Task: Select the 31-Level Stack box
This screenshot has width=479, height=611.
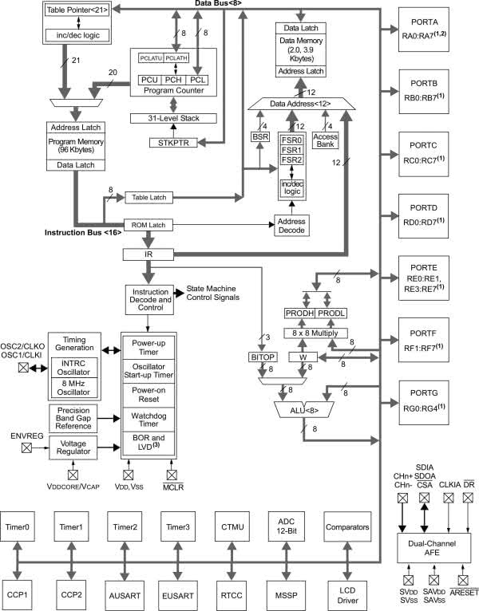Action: click(x=172, y=118)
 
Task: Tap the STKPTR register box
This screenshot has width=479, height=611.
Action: click(x=172, y=143)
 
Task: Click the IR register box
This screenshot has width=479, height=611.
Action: click(x=149, y=254)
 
